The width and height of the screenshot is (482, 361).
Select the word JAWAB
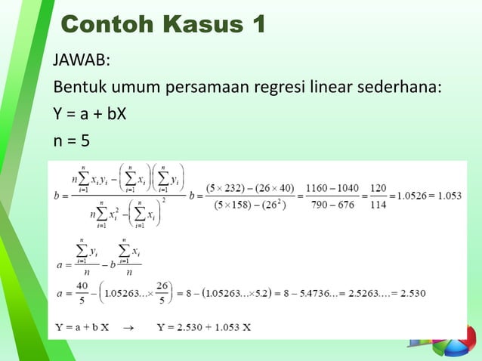(81, 60)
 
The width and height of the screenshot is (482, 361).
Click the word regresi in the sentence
(337, 88)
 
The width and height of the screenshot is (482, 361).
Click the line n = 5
(76, 142)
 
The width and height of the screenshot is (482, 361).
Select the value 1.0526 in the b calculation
(410, 194)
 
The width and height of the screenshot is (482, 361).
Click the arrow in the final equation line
(128, 327)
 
